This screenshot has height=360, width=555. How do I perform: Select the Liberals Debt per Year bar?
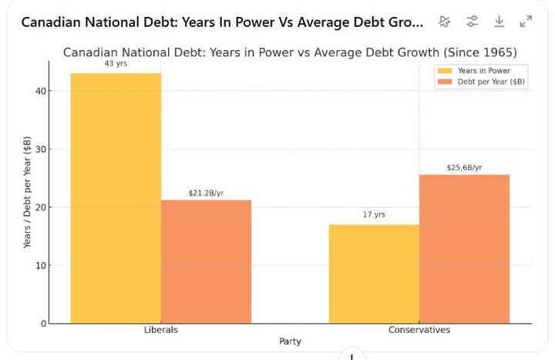pos(206,261)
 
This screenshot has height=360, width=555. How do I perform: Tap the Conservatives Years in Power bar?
pos(374,274)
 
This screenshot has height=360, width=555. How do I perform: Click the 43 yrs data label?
pos(116,63)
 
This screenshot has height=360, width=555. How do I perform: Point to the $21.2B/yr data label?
pos(206,193)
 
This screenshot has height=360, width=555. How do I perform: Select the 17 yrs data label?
pos(374,214)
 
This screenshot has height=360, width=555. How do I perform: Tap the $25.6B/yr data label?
pos(464,167)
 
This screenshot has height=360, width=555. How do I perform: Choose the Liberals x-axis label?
pos(160,330)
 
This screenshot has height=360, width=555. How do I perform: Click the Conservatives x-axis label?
pos(419,330)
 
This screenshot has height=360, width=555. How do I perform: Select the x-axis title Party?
pos(290,341)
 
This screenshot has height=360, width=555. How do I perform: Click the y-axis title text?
pos(28,193)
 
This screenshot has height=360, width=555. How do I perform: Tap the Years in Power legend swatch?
pos(446,71)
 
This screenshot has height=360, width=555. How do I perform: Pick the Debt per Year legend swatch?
pos(446,82)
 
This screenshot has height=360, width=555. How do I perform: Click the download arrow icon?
pos(499,22)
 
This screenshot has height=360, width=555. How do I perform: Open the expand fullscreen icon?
pos(526,22)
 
